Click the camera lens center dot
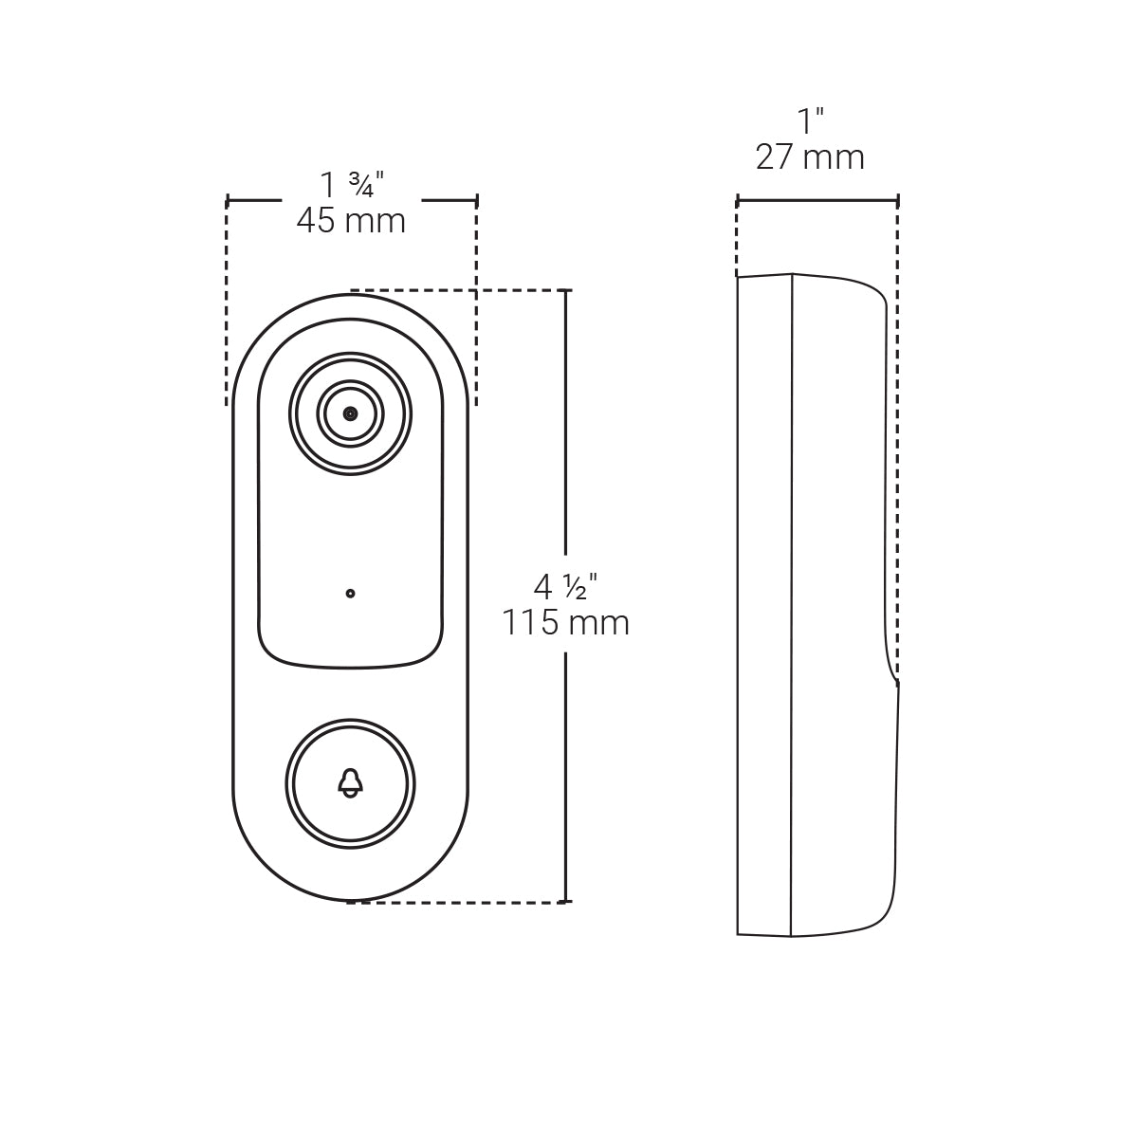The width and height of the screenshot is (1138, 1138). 351,413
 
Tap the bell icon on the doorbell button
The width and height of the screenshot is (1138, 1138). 350,782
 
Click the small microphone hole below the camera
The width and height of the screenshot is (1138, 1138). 351,594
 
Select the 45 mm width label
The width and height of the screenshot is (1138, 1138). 351,221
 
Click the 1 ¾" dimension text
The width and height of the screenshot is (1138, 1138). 351,183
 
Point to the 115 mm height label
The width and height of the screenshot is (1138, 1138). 565,623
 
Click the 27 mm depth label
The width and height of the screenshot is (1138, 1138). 810,156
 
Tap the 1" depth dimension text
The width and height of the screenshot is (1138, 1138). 810,121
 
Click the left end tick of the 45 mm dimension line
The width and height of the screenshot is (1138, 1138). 228,200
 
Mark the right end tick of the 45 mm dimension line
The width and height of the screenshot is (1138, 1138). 476,200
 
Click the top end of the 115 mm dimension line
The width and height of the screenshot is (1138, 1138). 566,290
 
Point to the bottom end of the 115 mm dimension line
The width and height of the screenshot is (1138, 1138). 566,901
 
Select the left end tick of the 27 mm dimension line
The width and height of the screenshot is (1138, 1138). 738,200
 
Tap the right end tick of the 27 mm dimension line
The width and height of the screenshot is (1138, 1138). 898,200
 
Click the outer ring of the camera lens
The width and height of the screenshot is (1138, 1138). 351,358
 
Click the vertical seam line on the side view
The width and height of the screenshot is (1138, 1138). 791,607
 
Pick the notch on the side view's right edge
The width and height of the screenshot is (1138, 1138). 895,681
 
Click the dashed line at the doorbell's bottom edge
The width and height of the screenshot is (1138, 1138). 455,902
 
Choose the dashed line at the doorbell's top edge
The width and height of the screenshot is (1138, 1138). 455,290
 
